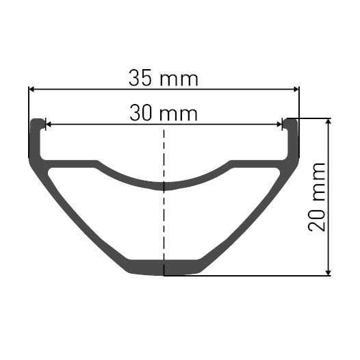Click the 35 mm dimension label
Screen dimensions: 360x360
[163, 78]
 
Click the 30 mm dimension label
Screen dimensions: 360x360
[163, 113]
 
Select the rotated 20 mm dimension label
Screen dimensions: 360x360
[317, 197]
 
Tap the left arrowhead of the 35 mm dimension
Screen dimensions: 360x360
[31, 88]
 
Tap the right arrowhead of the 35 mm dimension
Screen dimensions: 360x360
[295, 88]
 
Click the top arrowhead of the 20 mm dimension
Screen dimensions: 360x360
[329, 122]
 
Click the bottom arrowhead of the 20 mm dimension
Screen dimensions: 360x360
[329, 272]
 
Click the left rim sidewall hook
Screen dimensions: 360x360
[36, 137]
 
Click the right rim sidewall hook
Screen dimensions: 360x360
[292, 137]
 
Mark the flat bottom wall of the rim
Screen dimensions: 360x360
[164, 268]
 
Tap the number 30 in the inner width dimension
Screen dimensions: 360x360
[142, 113]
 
